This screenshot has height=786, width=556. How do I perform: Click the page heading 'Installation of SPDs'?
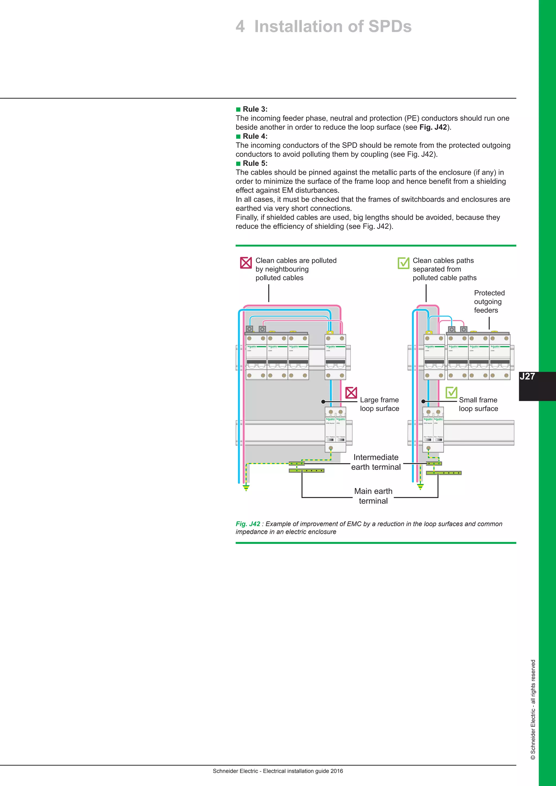point(333,27)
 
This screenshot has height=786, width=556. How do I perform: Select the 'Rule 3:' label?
point(255,109)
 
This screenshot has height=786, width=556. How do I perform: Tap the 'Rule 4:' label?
point(255,136)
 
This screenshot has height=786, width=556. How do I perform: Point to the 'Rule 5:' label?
point(255,163)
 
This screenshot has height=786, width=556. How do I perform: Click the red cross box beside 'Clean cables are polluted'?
point(246,263)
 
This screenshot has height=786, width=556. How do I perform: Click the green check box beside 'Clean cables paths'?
point(403,263)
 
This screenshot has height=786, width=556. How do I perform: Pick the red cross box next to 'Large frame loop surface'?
point(351,393)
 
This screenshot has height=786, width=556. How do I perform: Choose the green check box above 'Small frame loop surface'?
point(451,392)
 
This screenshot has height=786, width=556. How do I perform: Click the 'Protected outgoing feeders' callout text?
point(489,302)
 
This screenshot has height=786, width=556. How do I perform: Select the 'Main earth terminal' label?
point(373,496)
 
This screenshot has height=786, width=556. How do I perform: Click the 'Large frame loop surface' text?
point(379,404)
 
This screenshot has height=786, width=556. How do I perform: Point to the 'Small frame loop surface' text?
point(478,404)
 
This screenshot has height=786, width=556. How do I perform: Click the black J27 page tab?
point(537,386)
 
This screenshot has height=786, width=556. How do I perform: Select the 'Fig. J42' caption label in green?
point(248,524)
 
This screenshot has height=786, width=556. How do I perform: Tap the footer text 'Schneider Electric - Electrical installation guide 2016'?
point(278,771)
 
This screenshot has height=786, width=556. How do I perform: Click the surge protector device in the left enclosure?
point(335,430)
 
